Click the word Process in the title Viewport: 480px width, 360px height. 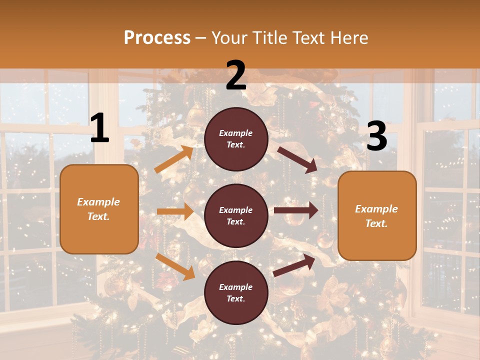click(x=157, y=38)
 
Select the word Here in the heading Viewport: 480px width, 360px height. click(x=347, y=38)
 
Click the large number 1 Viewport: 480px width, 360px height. click(x=99, y=128)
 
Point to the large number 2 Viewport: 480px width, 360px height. click(x=236, y=75)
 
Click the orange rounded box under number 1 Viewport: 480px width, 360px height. click(x=99, y=209)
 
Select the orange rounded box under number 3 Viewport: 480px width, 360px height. click(x=377, y=215)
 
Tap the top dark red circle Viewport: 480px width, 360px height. click(x=236, y=139)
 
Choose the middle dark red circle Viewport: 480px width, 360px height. click(x=236, y=215)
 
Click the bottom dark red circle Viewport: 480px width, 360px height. click(x=236, y=292)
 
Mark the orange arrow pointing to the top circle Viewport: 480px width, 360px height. click(x=174, y=159)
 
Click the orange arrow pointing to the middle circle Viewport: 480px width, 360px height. click(x=175, y=211)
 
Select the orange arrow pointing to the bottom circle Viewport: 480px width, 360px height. click(x=175, y=266)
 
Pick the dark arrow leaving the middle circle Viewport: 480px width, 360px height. click(x=296, y=210)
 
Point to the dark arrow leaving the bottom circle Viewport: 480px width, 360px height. click(x=294, y=265)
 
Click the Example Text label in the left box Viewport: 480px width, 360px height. click(x=98, y=209)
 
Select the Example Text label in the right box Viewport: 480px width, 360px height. click(x=376, y=216)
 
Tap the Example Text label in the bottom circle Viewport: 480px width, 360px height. click(x=236, y=292)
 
